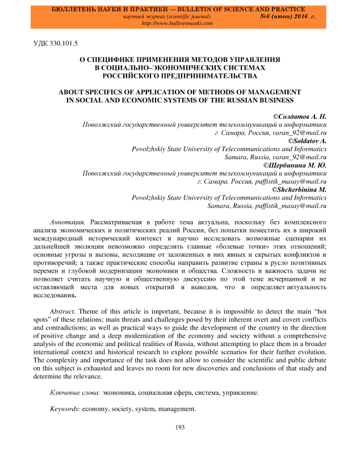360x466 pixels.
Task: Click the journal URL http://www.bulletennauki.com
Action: point(177,24)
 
